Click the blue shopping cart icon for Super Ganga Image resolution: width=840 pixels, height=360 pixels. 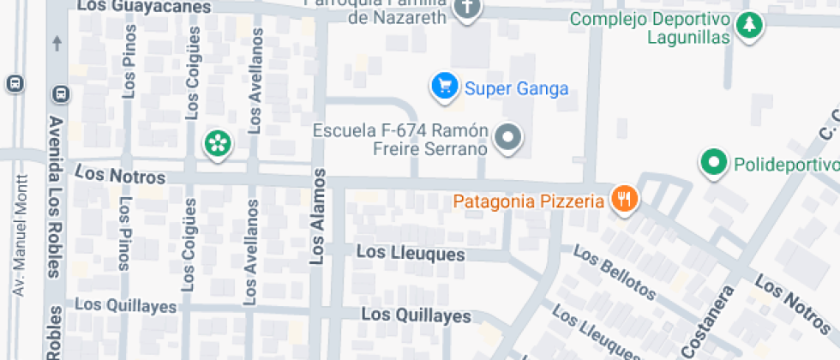pyautogui.click(x=443, y=87)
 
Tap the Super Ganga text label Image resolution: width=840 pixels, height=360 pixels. pyautogui.click(x=516, y=88)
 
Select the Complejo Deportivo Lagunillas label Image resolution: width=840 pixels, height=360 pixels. pyautogui.click(x=651, y=28)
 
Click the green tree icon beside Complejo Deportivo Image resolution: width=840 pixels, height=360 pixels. pyautogui.click(x=750, y=24)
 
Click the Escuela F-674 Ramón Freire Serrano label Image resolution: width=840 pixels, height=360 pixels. pyautogui.click(x=400, y=140)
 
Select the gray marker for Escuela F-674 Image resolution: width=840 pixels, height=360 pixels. pyautogui.click(x=510, y=137)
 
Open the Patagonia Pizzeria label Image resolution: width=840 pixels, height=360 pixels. pyautogui.click(x=529, y=202)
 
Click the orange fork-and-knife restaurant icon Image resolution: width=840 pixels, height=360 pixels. pyautogui.click(x=624, y=201)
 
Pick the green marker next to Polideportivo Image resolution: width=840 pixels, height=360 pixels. pyautogui.click(x=713, y=162)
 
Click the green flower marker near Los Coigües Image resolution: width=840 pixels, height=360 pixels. pyautogui.click(x=218, y=143)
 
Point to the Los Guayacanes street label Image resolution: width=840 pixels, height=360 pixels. pyautogui.click(x=144, y=7)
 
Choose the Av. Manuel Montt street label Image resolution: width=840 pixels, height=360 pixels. pyautogui.click(x=21, y=236)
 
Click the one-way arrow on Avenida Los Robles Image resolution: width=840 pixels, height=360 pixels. pyautogui.click(x=57, y=41)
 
